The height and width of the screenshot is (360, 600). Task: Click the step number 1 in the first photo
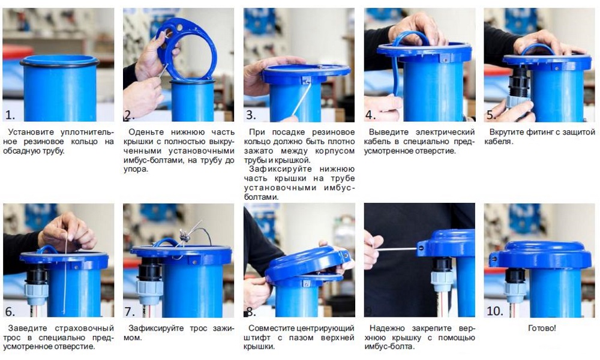[10, 115]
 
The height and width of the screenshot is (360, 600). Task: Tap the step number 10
[494, 311]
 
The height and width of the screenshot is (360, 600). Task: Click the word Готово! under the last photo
[541, 328]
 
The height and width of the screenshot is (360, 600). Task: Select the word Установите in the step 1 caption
[31, 133]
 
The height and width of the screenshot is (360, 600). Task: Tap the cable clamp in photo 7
[185, 236]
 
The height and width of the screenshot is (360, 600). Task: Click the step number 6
[10, 311]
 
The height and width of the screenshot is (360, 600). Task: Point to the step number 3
[251, 115]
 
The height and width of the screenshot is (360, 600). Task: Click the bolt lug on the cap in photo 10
[494, 259]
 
